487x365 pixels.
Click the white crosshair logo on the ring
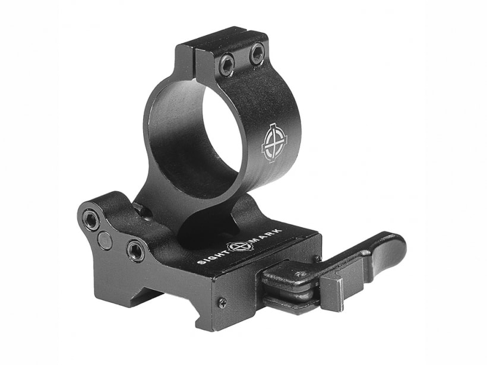[x=273, y=143]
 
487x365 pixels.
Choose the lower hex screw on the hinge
[x=135, y=249]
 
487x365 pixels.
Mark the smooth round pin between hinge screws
[x=104, y=239]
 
